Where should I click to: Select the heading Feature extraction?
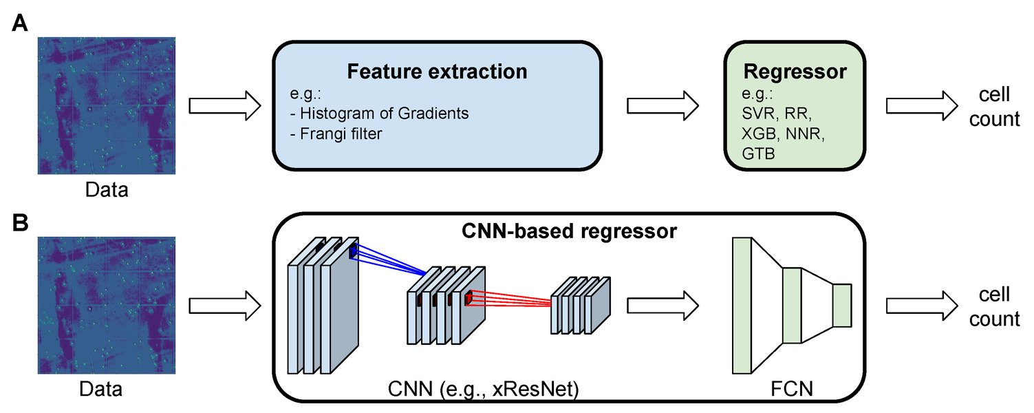pos(437,72)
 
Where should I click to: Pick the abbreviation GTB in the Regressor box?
pos(757,155)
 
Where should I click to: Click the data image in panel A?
pos(107,105)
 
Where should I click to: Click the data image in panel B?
pos(107,305)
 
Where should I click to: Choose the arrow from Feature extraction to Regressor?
pos(663,106)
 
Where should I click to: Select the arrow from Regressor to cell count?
pos(921,106)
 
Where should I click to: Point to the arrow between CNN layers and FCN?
pos(663,304)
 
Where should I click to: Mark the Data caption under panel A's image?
pos(107,189)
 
